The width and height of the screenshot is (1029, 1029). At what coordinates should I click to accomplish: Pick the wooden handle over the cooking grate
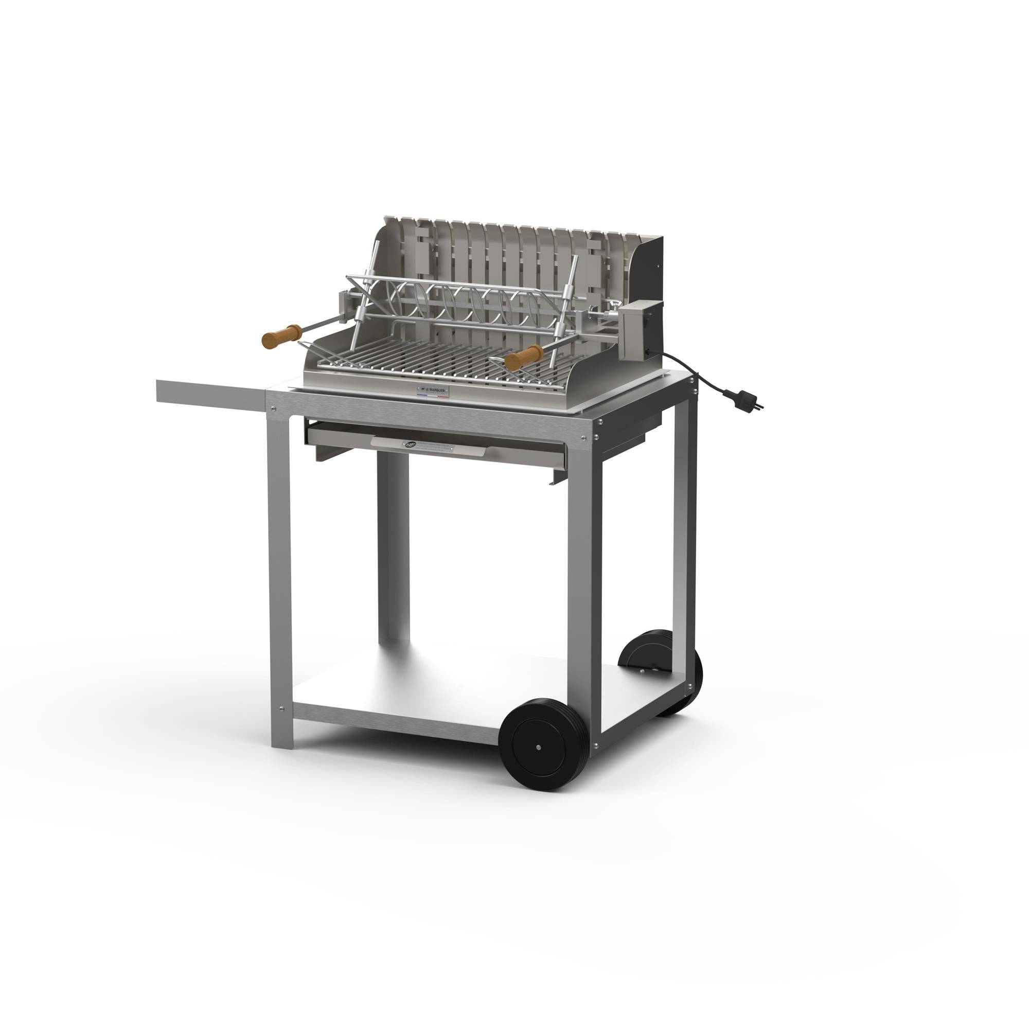524,358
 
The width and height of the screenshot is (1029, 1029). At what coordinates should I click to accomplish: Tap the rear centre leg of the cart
393,548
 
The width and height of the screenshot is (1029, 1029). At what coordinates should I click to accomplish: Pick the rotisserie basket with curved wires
458,304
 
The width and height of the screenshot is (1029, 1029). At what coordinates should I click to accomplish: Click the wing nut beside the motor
617,307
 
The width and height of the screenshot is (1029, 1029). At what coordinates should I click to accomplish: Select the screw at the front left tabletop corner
274,409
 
